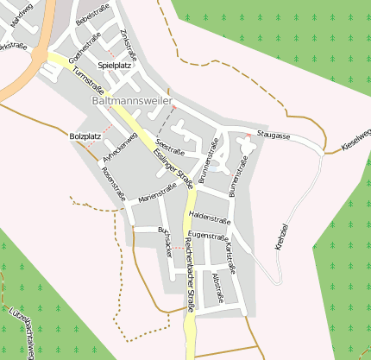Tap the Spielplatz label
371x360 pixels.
114,65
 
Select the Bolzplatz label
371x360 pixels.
85,136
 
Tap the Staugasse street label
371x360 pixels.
273,136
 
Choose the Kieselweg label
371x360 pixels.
356,138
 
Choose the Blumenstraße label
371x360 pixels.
239,174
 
